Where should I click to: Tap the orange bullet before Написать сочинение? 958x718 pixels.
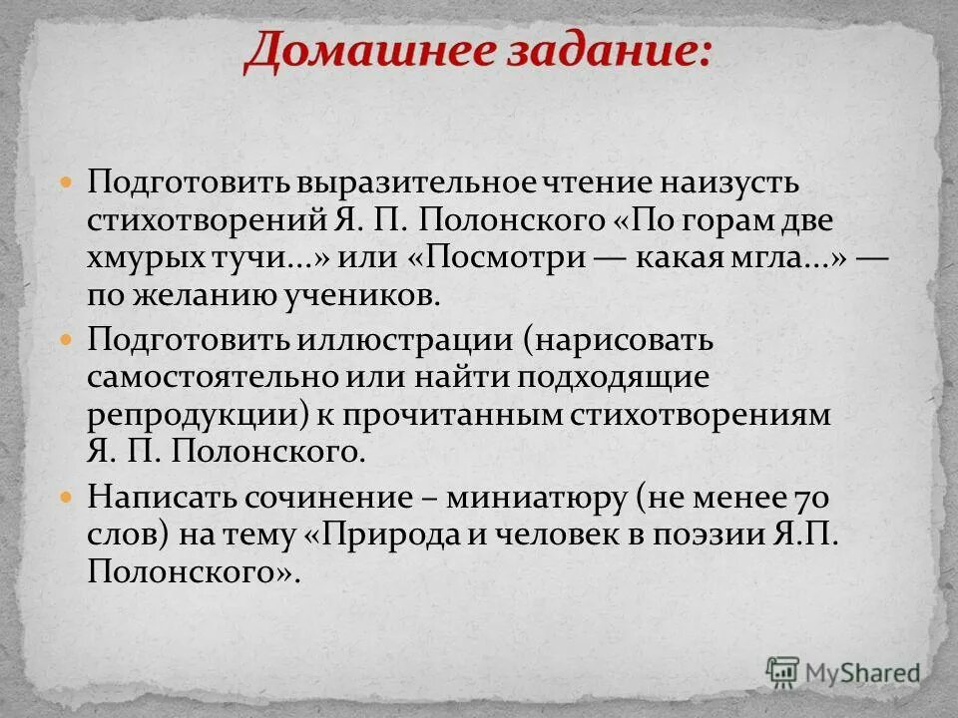(x=67, y=496)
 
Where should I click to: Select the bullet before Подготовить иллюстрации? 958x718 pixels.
(x=67, y=340)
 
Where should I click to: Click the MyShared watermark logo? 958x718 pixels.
(x=843, y=673)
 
